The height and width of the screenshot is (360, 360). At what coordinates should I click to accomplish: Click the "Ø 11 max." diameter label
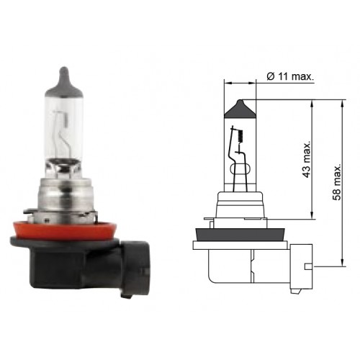pyautogui.click(x=290, y=76)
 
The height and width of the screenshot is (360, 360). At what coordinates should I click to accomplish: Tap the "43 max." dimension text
pyautogui.click(x=307, y=159)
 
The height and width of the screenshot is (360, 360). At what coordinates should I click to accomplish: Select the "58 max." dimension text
pyautogui.click(x=337, y=182)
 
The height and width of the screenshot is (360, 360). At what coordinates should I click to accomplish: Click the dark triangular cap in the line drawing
pyautogui.click(x=240, y=109)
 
